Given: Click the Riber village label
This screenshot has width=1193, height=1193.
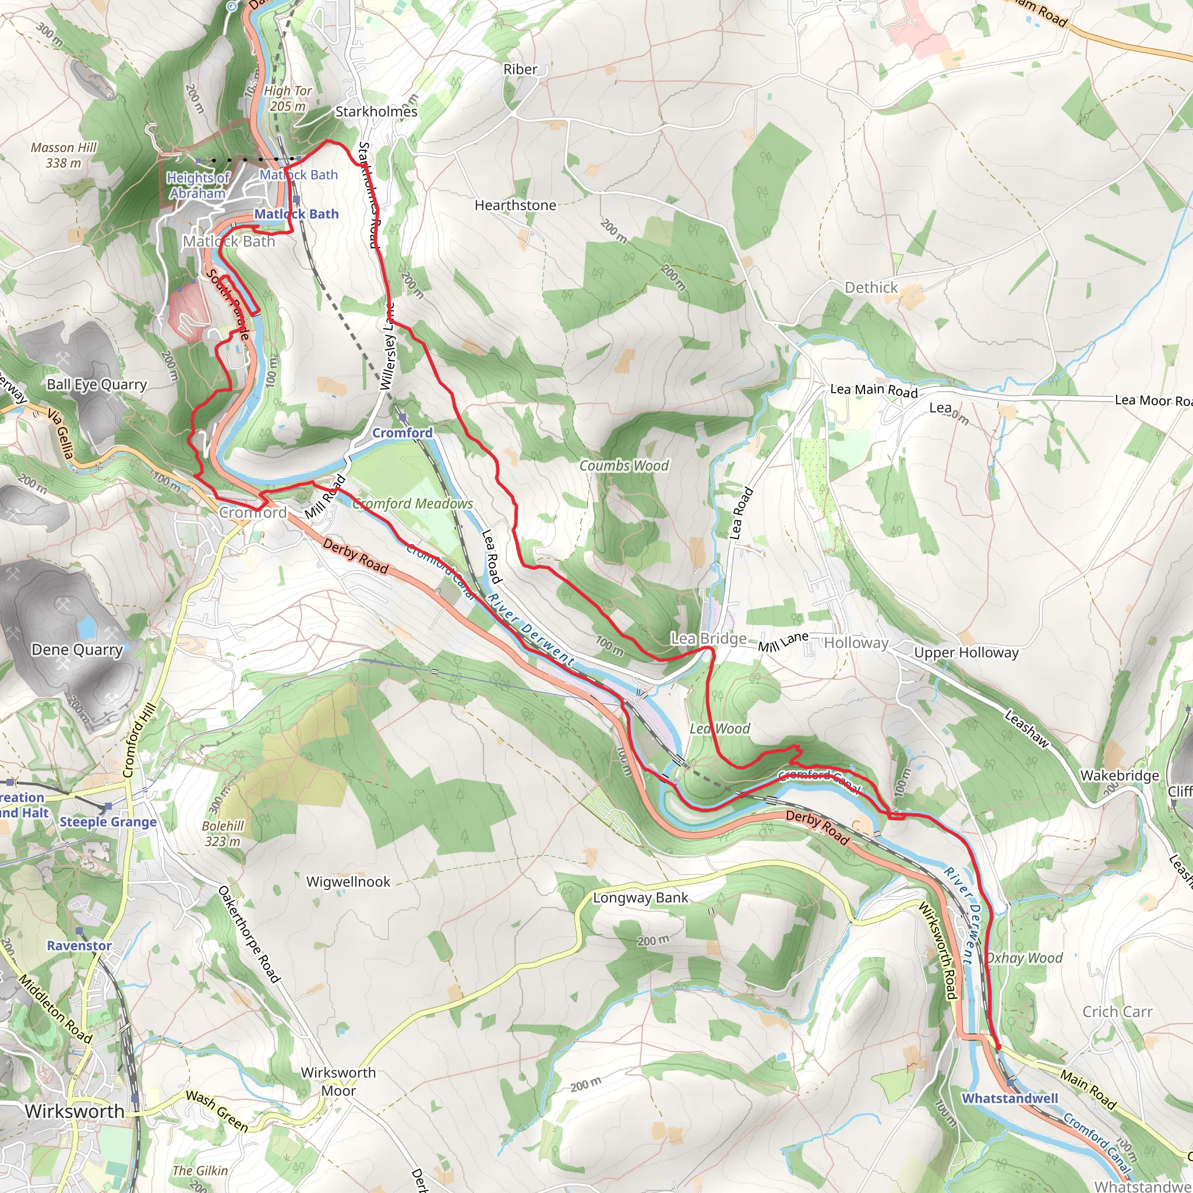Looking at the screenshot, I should click(x=520, y=69).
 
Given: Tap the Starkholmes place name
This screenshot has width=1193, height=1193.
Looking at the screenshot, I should click(x=376, y=112).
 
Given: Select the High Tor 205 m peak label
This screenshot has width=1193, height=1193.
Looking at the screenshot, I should click(x=288, y=98).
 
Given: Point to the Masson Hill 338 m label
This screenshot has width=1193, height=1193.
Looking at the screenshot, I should click(x=63, y=155).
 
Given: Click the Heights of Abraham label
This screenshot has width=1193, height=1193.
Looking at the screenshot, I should click(x=197, y=185).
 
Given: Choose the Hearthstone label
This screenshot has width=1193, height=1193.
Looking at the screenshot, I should click(x=515, y=205).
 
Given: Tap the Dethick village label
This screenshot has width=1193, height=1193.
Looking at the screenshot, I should click(x=871, y=288).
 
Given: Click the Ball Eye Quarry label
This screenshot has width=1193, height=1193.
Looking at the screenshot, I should click(x=97, y=384).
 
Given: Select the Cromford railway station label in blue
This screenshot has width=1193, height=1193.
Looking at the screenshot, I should click(x=402, y=433).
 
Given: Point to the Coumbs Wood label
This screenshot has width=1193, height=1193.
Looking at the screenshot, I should click(x=624, y=465).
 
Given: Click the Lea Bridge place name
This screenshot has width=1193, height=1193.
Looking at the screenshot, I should click(x=708, y=638).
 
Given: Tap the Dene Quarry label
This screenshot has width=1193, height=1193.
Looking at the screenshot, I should click(x=77, y=650).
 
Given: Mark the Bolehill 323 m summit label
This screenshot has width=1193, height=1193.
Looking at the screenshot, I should click(x=223, y=834).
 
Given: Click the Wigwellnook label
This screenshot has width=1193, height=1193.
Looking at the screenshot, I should click(x=348, y=882).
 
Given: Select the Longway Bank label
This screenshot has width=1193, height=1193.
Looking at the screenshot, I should click(x=640, y=898).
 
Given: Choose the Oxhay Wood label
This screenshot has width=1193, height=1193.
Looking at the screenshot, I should click(x=1024, y=958).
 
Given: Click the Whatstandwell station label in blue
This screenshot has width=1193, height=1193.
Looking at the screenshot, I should click(x=1010, y=1099).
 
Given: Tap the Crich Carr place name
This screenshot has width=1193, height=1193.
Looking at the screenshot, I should click(x=1117, y=1011).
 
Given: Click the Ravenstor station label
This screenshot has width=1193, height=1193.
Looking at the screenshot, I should click(x=79, y=945).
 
